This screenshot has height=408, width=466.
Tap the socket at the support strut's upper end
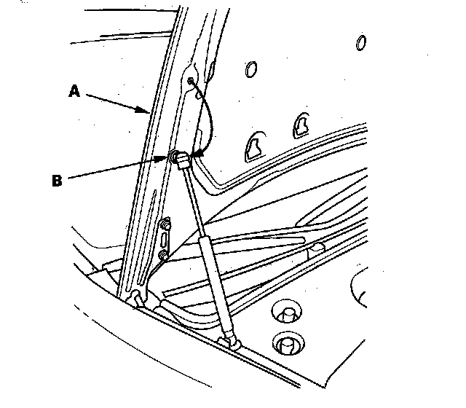pos(183,161)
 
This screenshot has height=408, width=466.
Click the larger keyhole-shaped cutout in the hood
pos(255,145)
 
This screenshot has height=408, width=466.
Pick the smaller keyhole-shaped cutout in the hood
pos(300,125)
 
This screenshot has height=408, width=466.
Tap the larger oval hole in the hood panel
pos(252,70)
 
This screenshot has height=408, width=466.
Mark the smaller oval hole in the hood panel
pos(360,42)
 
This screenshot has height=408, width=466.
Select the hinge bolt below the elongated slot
pos(163,255)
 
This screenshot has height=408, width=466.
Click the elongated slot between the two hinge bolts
pos(165,238)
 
